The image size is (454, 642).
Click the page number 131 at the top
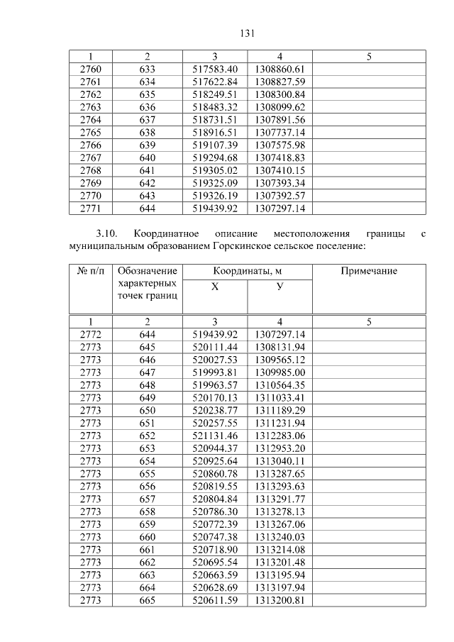tap(247, 33)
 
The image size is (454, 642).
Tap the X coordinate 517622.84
tap(214, 82)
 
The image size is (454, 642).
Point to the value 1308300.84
tap(279, 94)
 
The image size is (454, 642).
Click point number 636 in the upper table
tap(147, 107)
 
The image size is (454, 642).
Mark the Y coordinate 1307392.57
tap(279, 196)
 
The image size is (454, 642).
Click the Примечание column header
tap(369, 272)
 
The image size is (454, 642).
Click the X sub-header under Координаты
tap(214, 287)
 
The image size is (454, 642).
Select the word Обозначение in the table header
tap(147, 272)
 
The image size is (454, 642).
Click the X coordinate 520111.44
tap(214, 347)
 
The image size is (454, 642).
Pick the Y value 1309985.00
tap(279, 372)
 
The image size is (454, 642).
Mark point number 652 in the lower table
tap(147, 436)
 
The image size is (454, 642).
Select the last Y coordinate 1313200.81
tap(279, 600)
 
